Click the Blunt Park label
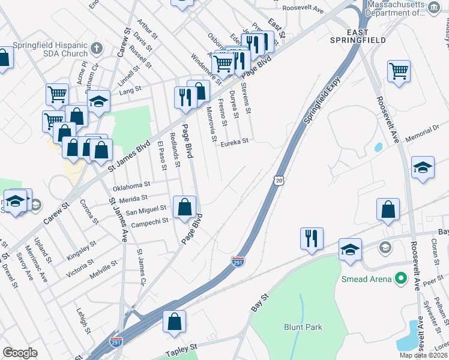(x=303, y=327)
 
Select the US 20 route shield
(x=277, y=180)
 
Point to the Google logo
(x=20, y=353)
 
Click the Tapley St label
(x=181, y=348)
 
